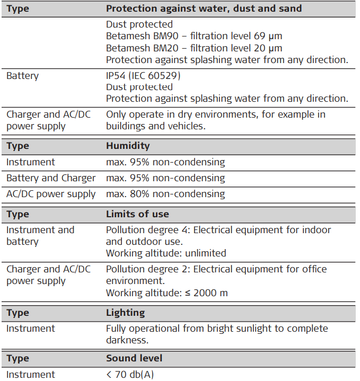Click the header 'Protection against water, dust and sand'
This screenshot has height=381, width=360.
[x=204, y=8]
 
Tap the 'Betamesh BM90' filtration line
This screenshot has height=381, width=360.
[x=194, y=36]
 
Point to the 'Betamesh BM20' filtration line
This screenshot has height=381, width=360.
[x=194, y=48]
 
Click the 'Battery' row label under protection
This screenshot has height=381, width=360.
[x=22, y=76]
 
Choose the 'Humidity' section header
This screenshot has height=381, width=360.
[x=128, y=146]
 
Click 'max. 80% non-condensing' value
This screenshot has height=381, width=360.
[x=165, y=194]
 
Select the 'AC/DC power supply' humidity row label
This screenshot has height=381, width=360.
[x=51, y=194]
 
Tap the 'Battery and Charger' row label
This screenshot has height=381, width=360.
[x=51, y=178]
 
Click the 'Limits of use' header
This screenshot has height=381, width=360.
[x=137, y=214]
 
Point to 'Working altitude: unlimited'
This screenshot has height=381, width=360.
[x=166, y=253]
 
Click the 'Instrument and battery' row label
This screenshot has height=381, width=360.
[x=40, y=236]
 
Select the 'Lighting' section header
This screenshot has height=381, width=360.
[x=125, y=313]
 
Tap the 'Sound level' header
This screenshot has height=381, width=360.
[x=134, y=359]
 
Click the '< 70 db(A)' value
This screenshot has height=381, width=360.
[x=130, y=375]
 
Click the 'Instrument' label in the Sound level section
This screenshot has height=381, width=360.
[x=30, y=375]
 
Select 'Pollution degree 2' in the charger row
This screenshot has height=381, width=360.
[x=147, y=269]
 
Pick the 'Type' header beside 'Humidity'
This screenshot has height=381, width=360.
[x=17, y=146]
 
